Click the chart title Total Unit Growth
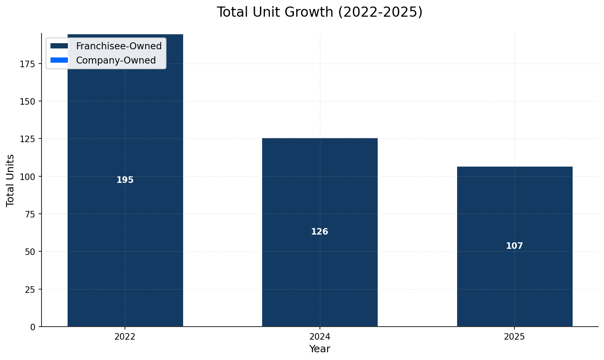320,12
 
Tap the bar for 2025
514,204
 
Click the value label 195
125,180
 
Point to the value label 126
320,232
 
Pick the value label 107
514,246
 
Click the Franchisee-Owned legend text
119,46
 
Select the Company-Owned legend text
116,60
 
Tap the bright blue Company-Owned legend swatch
59,60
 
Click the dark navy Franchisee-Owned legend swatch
59,46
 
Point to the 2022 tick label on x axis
125,337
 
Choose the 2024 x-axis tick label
320,337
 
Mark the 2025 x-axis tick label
514,337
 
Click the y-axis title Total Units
11,180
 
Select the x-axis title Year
320,349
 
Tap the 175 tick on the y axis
28,64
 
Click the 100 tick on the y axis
28,176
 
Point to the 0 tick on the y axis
33,327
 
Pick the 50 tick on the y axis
30,252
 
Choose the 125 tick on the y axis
28,139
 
